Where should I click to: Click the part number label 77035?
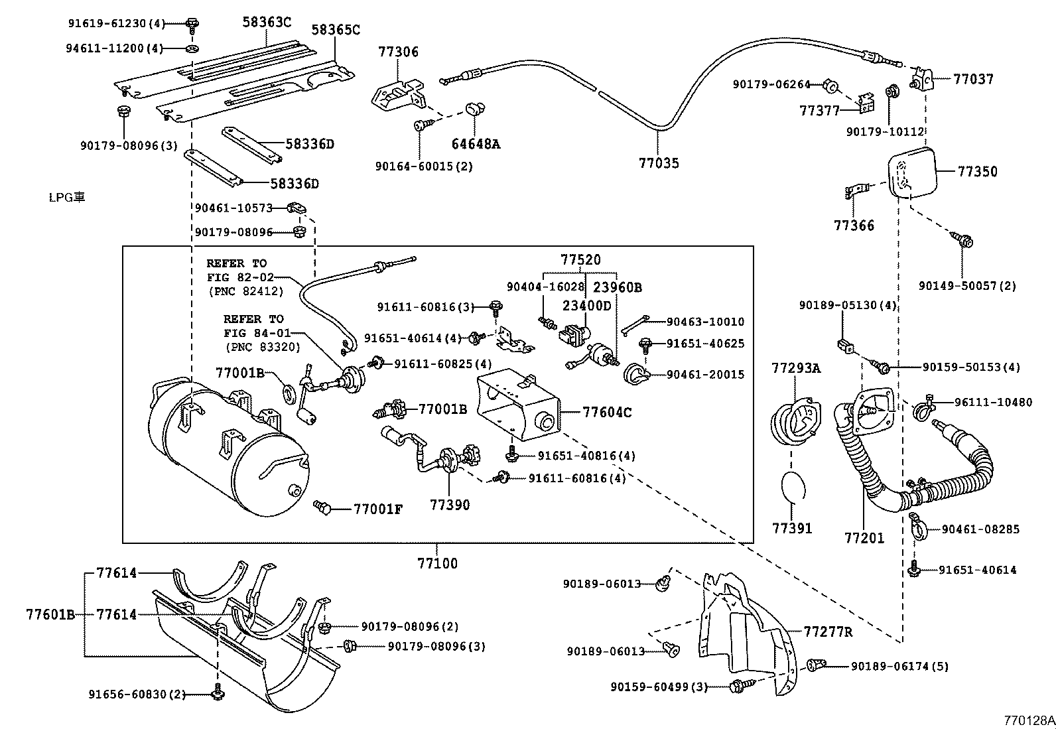[x=659, y=163]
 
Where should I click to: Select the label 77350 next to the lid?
[x=977, y=171]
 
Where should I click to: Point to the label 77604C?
[x=607, y=413]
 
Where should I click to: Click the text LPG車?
[x=67, y=197]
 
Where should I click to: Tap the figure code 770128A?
[x=1028, y=720]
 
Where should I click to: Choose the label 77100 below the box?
[x=437, y=564]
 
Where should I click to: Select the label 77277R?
[x=828, y=632]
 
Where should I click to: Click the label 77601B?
[x=50, y=614]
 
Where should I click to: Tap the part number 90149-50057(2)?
[x=967, y=286]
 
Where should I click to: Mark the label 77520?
[x=580, y=260]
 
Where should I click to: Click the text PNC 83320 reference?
[x=262, y=347]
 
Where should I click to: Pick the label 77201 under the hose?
[x=864, y=538]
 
